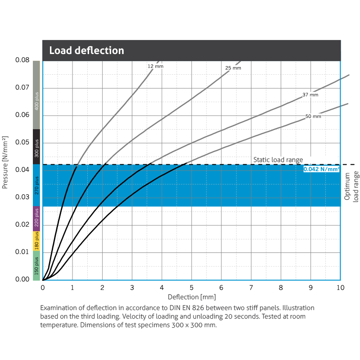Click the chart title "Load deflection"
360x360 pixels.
pyautogui.click(x=86, y=50)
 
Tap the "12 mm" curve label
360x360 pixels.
pyautogui.click(x=155, y=67)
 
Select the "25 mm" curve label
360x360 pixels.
pyautogui.click(x=233, y=68)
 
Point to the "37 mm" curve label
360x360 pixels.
pyautogui.click(x=310, y=95)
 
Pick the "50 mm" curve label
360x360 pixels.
pyautogui.click(x=313, y=117)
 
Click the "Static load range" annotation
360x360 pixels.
pyautogui.click(x=278, y=160)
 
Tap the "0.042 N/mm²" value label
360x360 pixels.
pyautogui.click(x=321, y=170)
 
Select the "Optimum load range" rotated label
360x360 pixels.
pyautogui.click(x=350, y=186)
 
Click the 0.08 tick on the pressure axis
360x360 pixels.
pyautogui.click(x=22, y=60)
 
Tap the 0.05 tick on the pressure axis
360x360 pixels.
pyautogui.click(x=22, y=143)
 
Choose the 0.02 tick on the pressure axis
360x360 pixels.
pyautogui.click(x=22, y=225)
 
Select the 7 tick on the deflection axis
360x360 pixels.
pyautogui.click(x=251, y=288)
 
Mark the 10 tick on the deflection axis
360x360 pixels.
pyautogui.click(x=341, y=288)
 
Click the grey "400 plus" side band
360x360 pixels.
pyautogui.click(x=36, y=95)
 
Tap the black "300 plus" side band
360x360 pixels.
pyautogui.click(x=36, y=147)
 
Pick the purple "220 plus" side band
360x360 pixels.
pyautogui.click(x=36, y=219)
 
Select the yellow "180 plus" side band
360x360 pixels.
pyautogui.click(x=36, y=241)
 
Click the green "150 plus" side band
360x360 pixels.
pyautogui.click(x=36, y=265)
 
